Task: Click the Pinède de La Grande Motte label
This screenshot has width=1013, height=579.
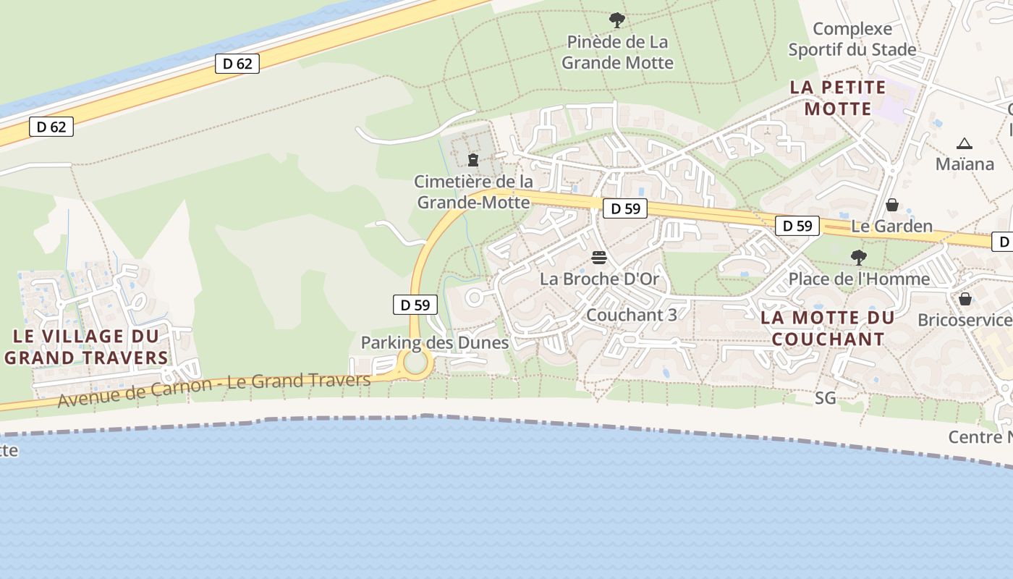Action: pos(617,52)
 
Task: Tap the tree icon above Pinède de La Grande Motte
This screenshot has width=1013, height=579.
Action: pos(616,20)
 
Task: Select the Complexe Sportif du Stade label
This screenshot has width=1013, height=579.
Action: pos(852,40)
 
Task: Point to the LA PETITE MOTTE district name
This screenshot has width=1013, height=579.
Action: pos(838,98)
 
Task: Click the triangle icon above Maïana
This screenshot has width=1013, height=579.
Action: pos(964,144)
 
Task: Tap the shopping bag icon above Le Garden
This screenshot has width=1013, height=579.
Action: pos(892,205)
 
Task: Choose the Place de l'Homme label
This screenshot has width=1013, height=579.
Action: pos(859,279)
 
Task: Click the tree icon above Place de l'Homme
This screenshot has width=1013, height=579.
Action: pos(859,257)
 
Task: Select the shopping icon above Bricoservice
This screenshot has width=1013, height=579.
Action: pos(965,298)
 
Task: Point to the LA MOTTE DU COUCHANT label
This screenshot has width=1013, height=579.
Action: pos(828,328)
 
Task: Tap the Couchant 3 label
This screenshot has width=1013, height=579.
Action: pos(632,315)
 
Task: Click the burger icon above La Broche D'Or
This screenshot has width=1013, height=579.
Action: pos(599,258)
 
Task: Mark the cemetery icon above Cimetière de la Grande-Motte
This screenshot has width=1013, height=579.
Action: pos(473,159)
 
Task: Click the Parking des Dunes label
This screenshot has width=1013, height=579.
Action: pos(435,342)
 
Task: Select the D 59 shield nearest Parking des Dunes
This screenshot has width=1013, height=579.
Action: pos(415,305)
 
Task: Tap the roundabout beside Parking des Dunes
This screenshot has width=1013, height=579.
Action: pos(415,362)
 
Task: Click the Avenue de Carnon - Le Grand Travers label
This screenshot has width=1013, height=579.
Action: pos(214,389)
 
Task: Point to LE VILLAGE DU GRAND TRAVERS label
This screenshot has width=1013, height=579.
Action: pos(86,347)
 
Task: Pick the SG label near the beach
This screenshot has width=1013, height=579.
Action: pos(825,397)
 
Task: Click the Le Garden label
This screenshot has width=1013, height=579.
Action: pos(891,226)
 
